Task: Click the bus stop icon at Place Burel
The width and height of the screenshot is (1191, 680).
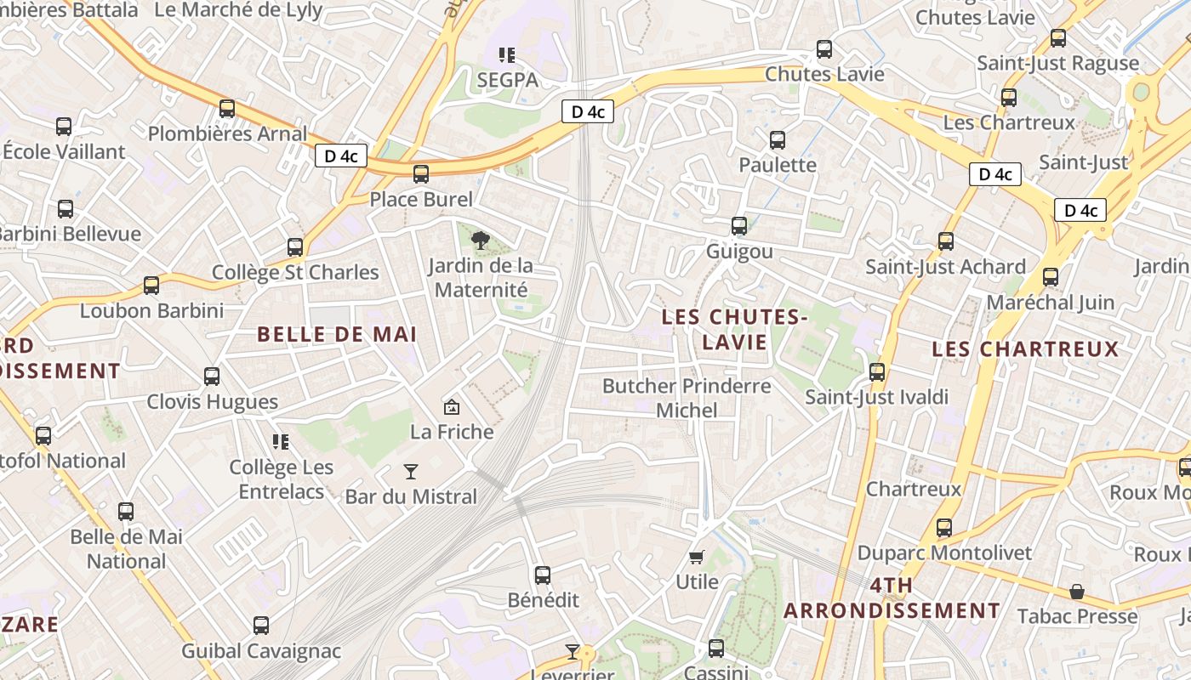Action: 421,174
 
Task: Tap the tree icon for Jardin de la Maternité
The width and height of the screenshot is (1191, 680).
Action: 481,240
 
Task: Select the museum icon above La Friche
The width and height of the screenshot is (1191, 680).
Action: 452,407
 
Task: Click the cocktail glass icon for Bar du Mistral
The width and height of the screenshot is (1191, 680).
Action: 411,471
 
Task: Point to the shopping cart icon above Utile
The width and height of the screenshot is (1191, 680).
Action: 697,558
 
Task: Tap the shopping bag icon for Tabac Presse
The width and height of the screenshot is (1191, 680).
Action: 1077,592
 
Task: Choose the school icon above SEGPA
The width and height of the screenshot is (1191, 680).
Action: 507,55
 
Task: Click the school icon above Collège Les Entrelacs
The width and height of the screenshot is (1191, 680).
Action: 281,441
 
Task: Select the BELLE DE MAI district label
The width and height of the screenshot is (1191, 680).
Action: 337,334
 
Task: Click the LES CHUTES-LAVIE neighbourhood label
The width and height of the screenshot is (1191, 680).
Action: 734,329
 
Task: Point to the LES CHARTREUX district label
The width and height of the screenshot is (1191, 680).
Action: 1025,349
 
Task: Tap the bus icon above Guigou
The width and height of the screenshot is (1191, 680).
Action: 739,226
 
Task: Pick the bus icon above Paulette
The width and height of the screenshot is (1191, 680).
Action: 778,140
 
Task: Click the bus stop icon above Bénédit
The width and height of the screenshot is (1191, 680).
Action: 543,575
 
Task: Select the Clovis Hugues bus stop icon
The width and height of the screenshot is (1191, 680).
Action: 212,376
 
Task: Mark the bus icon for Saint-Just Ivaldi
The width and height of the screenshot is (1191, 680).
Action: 877,372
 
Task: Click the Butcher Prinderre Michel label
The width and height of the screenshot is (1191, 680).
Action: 687,398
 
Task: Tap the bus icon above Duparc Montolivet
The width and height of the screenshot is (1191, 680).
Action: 944,528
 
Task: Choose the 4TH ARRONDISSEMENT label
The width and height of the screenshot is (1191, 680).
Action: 892,598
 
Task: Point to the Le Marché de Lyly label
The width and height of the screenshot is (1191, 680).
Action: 238,10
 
